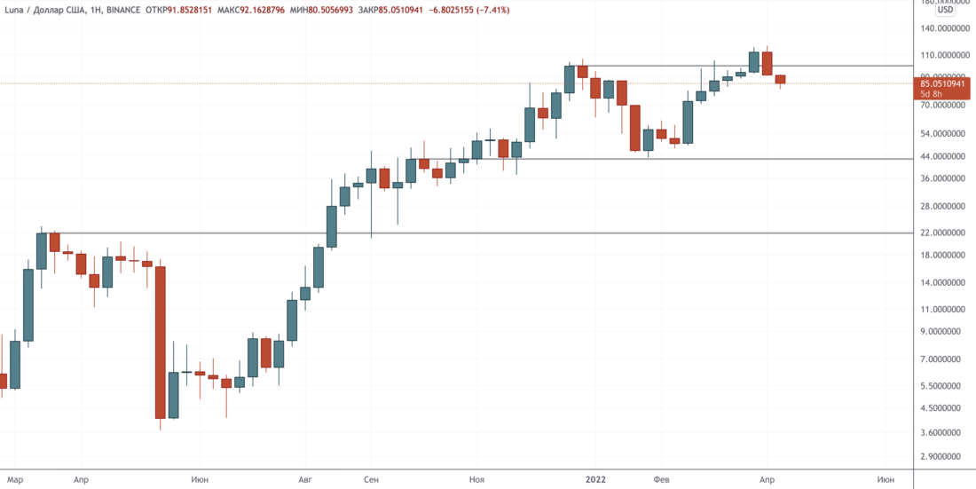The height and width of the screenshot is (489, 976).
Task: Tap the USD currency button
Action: [946, 10]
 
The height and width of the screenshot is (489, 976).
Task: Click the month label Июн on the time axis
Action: [200, 479]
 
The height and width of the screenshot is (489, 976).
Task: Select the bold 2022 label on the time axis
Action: [595, 479]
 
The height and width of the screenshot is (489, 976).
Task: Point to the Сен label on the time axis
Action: [371, 479]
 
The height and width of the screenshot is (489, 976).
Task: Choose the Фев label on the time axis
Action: [661, 479]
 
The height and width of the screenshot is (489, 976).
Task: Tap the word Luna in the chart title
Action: [16, 10]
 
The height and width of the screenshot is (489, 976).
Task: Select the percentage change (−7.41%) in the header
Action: [459, 10]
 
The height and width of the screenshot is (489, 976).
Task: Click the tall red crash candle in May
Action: [161, 342]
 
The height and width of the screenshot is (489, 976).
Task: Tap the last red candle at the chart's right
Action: [781, 79]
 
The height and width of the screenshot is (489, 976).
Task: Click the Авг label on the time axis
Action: [306, 479]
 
